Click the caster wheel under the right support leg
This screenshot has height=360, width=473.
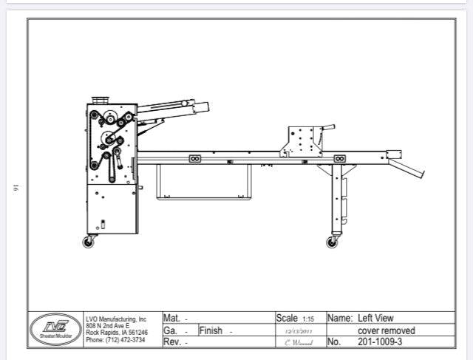(332, 242)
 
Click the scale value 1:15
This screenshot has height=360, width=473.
(307, 319)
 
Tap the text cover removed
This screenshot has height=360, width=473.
(386, 330)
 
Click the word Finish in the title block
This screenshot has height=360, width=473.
(211, 330)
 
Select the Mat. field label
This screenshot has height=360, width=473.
(171, 319)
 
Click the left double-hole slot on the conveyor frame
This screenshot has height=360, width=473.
(195, 157)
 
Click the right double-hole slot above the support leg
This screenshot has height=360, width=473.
(339, 158)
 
